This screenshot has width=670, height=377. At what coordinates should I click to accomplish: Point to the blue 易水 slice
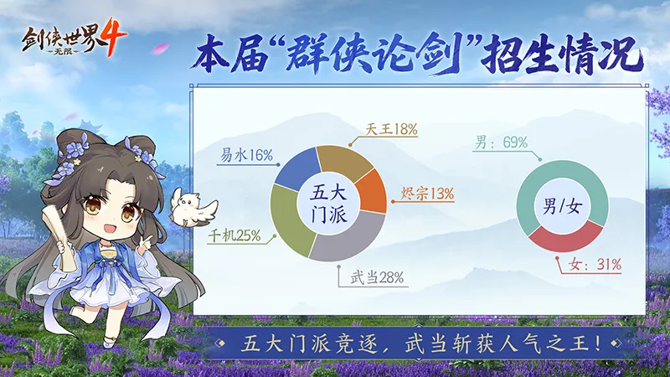[x=298, y=171]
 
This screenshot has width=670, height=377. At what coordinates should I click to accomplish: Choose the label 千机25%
[x=232, y=235]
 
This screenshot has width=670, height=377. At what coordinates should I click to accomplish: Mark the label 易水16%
[x=247, y=155]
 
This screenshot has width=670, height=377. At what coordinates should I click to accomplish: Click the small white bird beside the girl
[x=194, y=206]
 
